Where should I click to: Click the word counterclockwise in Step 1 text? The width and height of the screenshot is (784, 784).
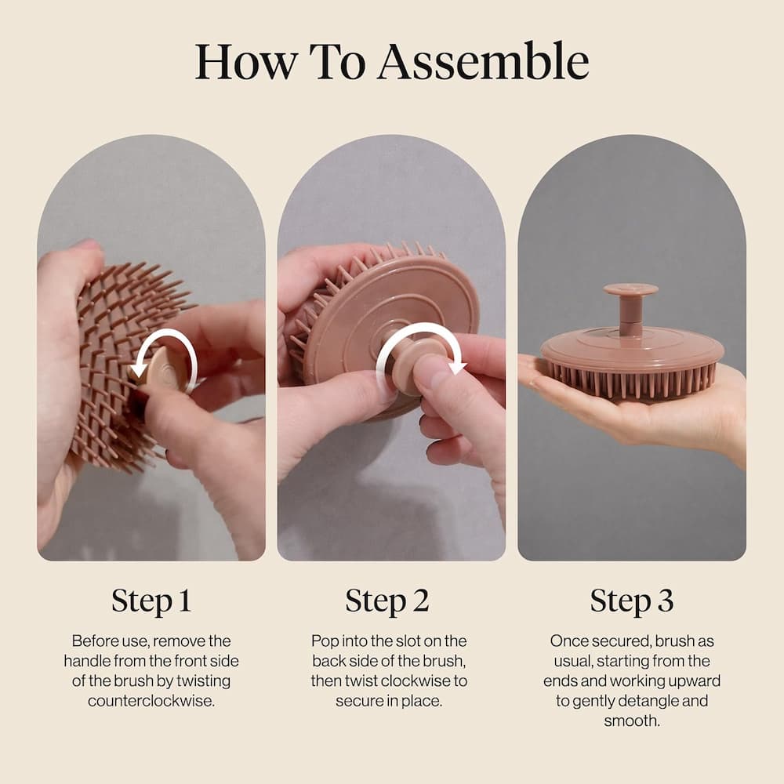pyautogui.click(x=151, y=700)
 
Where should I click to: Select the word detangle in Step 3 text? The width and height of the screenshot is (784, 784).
pyautogui.click(x=668, y=700)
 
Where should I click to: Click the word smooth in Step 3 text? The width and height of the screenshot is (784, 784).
pyautogui.click(x=631, y=720)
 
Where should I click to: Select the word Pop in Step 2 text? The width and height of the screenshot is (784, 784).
pyautogui.click(x=324, y=641)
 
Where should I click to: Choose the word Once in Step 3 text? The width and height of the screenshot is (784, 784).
pyautogui.click(x=567, y=641)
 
